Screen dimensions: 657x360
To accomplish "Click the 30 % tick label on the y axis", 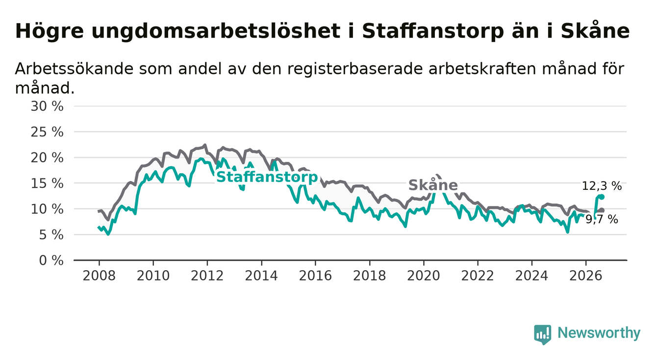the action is point(47,106).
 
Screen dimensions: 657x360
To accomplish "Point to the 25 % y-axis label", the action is point(47,132).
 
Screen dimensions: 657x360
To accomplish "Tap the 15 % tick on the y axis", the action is point(47,183).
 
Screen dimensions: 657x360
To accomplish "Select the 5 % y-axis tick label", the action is point(51,235).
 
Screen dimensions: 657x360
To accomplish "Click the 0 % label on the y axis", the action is point(51,260).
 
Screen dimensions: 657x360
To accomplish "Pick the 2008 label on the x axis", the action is point(99,276).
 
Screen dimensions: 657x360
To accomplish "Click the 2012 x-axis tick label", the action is point(207,276).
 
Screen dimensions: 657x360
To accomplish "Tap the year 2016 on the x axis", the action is point(315,276).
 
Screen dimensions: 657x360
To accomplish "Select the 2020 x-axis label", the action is point(424,276).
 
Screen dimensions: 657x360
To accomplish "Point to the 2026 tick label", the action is point(586,276).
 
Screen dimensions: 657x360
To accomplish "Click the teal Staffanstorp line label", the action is point(267,177).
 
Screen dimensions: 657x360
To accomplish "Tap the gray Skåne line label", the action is point(433,185).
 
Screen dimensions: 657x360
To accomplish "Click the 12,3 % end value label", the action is point(602,186).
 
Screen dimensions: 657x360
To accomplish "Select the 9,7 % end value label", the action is point(602,219).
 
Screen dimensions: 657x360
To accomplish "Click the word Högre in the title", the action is point(50,31).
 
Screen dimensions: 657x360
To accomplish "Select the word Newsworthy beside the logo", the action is point(599,333).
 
